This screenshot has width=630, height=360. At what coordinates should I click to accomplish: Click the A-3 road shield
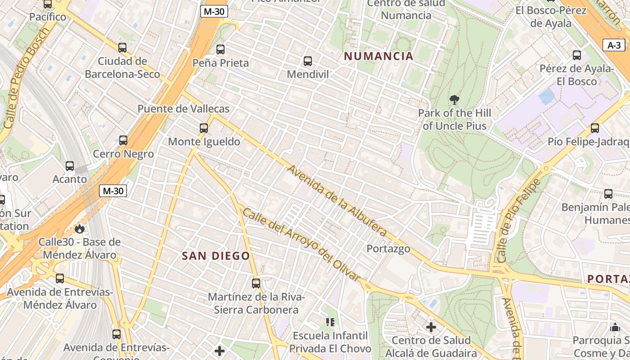coord(614,45)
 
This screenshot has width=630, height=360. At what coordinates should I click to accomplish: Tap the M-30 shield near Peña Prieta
coord(213,12)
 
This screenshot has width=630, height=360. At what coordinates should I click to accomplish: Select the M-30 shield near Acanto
coord(113,191)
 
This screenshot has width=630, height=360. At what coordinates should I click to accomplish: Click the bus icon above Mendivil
coord(308,61)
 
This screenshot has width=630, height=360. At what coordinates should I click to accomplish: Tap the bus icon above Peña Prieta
coord(220,49)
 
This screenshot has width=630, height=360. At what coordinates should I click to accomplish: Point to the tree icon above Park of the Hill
coord(454,100)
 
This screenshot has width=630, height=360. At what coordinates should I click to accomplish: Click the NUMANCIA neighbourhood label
coord(378,56)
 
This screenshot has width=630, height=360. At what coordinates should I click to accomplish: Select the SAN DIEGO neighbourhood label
coord(216,256)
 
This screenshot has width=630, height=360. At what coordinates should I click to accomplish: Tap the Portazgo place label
coord(388,248)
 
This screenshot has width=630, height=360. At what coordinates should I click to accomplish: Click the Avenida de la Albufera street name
coord(337,201)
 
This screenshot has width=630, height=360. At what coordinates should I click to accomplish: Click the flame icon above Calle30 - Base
coord(80,229)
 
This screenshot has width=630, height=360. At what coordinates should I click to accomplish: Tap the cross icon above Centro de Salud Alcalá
coord(431,327)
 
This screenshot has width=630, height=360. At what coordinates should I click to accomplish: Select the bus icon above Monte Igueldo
coord(204,128)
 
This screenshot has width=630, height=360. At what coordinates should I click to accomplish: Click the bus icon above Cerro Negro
coord(123,140)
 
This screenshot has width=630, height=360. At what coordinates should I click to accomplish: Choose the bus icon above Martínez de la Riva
coord(256,283)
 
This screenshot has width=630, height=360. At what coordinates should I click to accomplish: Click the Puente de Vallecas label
coord(183,109)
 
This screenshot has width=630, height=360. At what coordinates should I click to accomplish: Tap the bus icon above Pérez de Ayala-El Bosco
coord(577,55)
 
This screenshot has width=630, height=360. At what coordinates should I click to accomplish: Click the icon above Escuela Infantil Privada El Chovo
coord(330,322)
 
